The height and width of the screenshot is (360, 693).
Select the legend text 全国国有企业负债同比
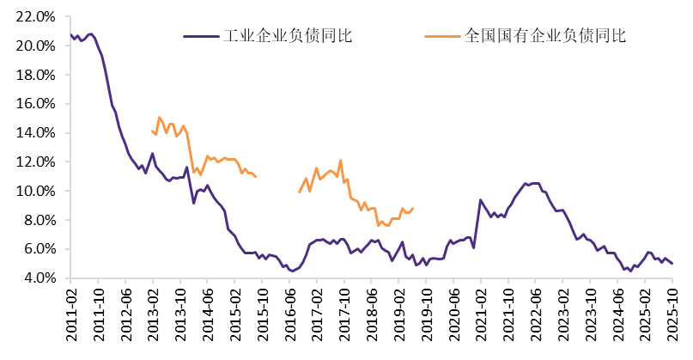(x=544, y=36)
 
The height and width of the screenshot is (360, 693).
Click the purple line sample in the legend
(x=201, y=36)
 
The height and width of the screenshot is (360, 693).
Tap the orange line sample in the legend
(x=442, y=36)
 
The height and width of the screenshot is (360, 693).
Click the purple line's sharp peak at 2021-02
(x=480, y=199)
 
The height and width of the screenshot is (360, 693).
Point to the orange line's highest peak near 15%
(x=160, y=117)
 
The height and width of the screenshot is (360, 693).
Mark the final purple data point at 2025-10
(x=672, y=264)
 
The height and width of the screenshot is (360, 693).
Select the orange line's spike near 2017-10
(x=341, y=160)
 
